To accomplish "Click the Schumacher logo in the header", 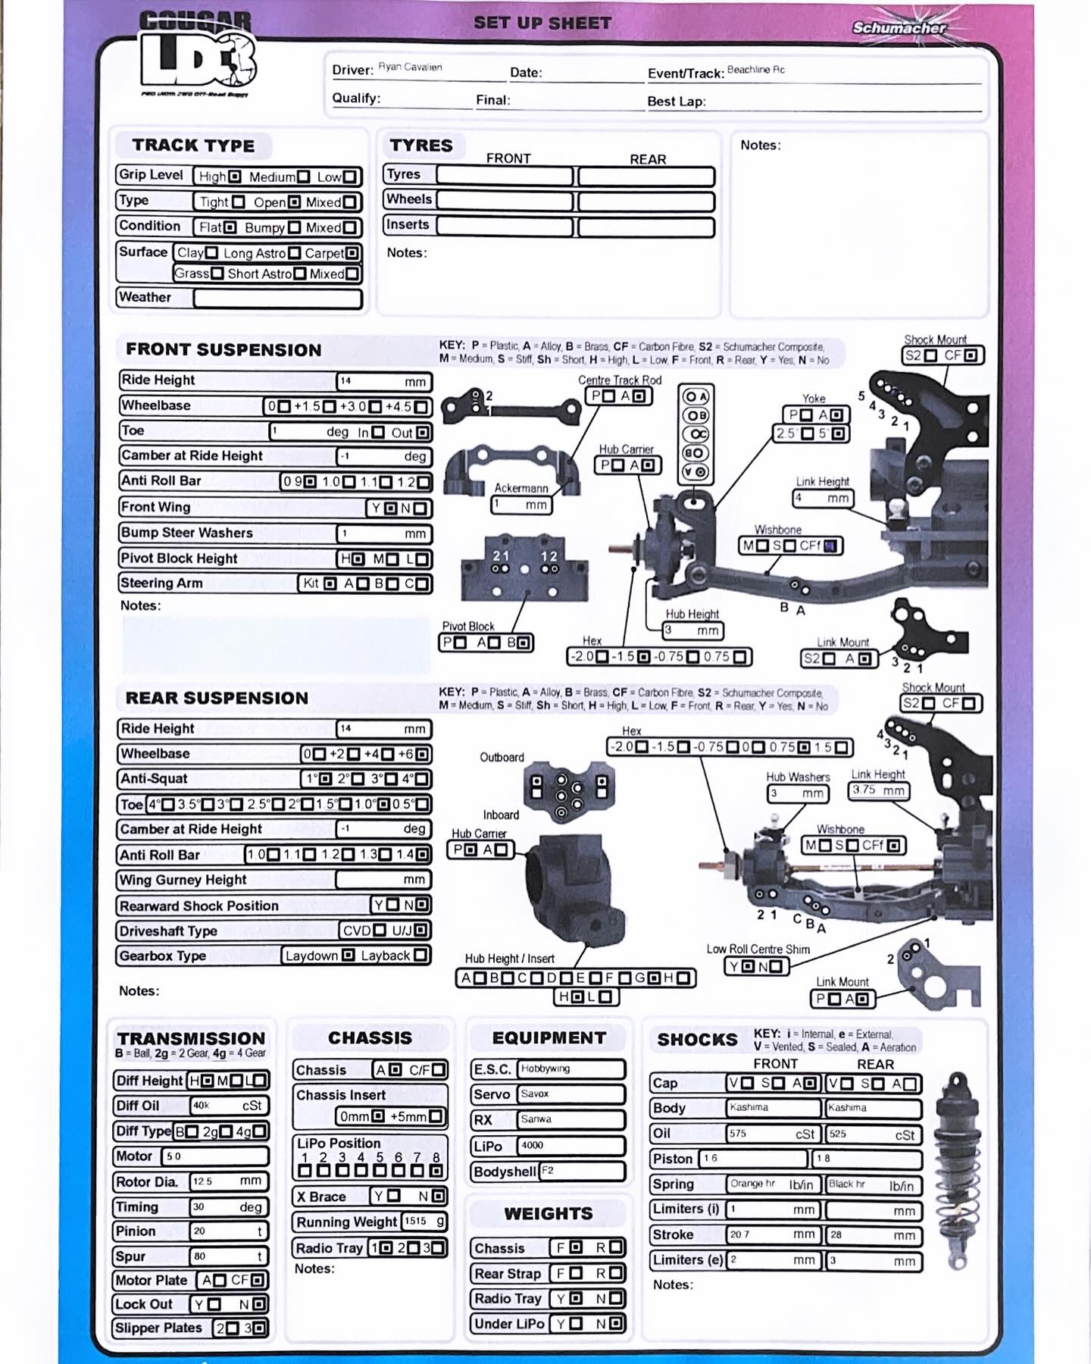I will tap(899, 28).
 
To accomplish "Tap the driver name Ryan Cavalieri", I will tap(410, 67).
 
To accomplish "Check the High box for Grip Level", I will tap(235, 177).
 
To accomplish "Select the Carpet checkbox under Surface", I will tap(352, 253).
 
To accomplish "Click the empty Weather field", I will tap(277, 299).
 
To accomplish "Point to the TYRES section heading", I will tap(420, 145).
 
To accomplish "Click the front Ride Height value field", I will tap(383, 381).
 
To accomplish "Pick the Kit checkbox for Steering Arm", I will tap(330, 583).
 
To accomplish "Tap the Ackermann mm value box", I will tap(521, 505).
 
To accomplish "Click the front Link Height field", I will tap(823, 499).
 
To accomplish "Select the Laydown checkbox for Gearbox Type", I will tap(348, 956).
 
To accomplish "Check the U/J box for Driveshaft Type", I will tap(421, 930).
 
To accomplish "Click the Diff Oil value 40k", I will tap(227, 1106).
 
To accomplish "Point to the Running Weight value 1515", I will tap(415, 1221).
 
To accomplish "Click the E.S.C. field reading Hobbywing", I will tap(571, 1069).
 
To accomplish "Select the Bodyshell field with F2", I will tap(582, 1171).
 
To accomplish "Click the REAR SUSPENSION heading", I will tap(217, 698).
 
